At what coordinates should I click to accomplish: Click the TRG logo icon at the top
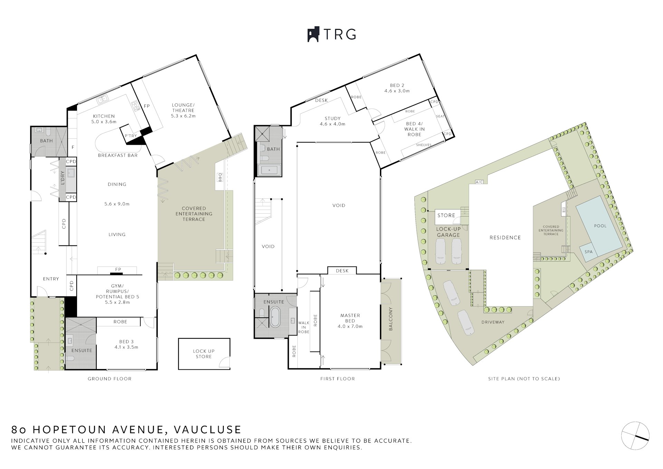[313, 35]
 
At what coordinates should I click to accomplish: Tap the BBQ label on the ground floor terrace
[220, 177]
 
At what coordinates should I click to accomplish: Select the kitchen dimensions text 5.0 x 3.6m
[104, 122]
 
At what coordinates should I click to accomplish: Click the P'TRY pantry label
[131, 136]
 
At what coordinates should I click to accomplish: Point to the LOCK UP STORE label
[204, 354]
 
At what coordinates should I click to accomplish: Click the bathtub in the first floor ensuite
[275, 316]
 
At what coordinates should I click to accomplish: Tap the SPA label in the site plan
[588, 252]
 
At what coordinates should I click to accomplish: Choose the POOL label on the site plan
[600, 226]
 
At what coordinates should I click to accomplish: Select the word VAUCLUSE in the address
[208, 430]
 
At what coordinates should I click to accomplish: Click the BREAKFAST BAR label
[118, 156]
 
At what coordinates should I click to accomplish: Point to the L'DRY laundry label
[63, 178]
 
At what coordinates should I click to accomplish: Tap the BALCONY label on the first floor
[391, 319]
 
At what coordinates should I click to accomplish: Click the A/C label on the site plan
[479, 182]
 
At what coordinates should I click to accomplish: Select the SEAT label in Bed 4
[441, 116]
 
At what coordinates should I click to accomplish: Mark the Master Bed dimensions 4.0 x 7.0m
[350, 326]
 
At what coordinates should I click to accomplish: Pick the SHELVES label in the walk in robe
[424, 145]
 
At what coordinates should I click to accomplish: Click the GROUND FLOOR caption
[109, 379]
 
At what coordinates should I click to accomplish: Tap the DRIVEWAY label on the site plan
[493, 322]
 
